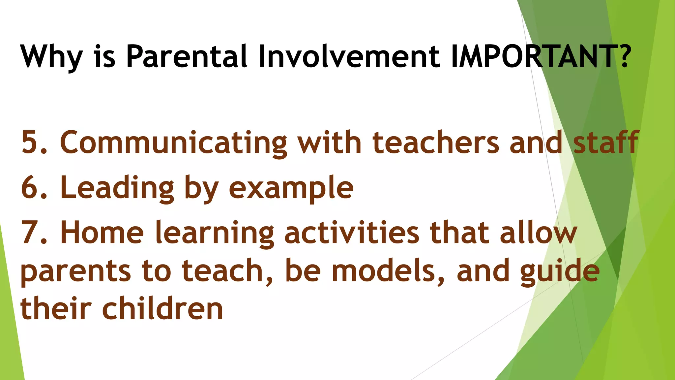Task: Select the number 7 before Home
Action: [30, 233]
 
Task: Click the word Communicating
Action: [173, 142]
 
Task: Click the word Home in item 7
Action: [102, 233]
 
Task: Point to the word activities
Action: [351, 233]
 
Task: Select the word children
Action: [163, 309]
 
